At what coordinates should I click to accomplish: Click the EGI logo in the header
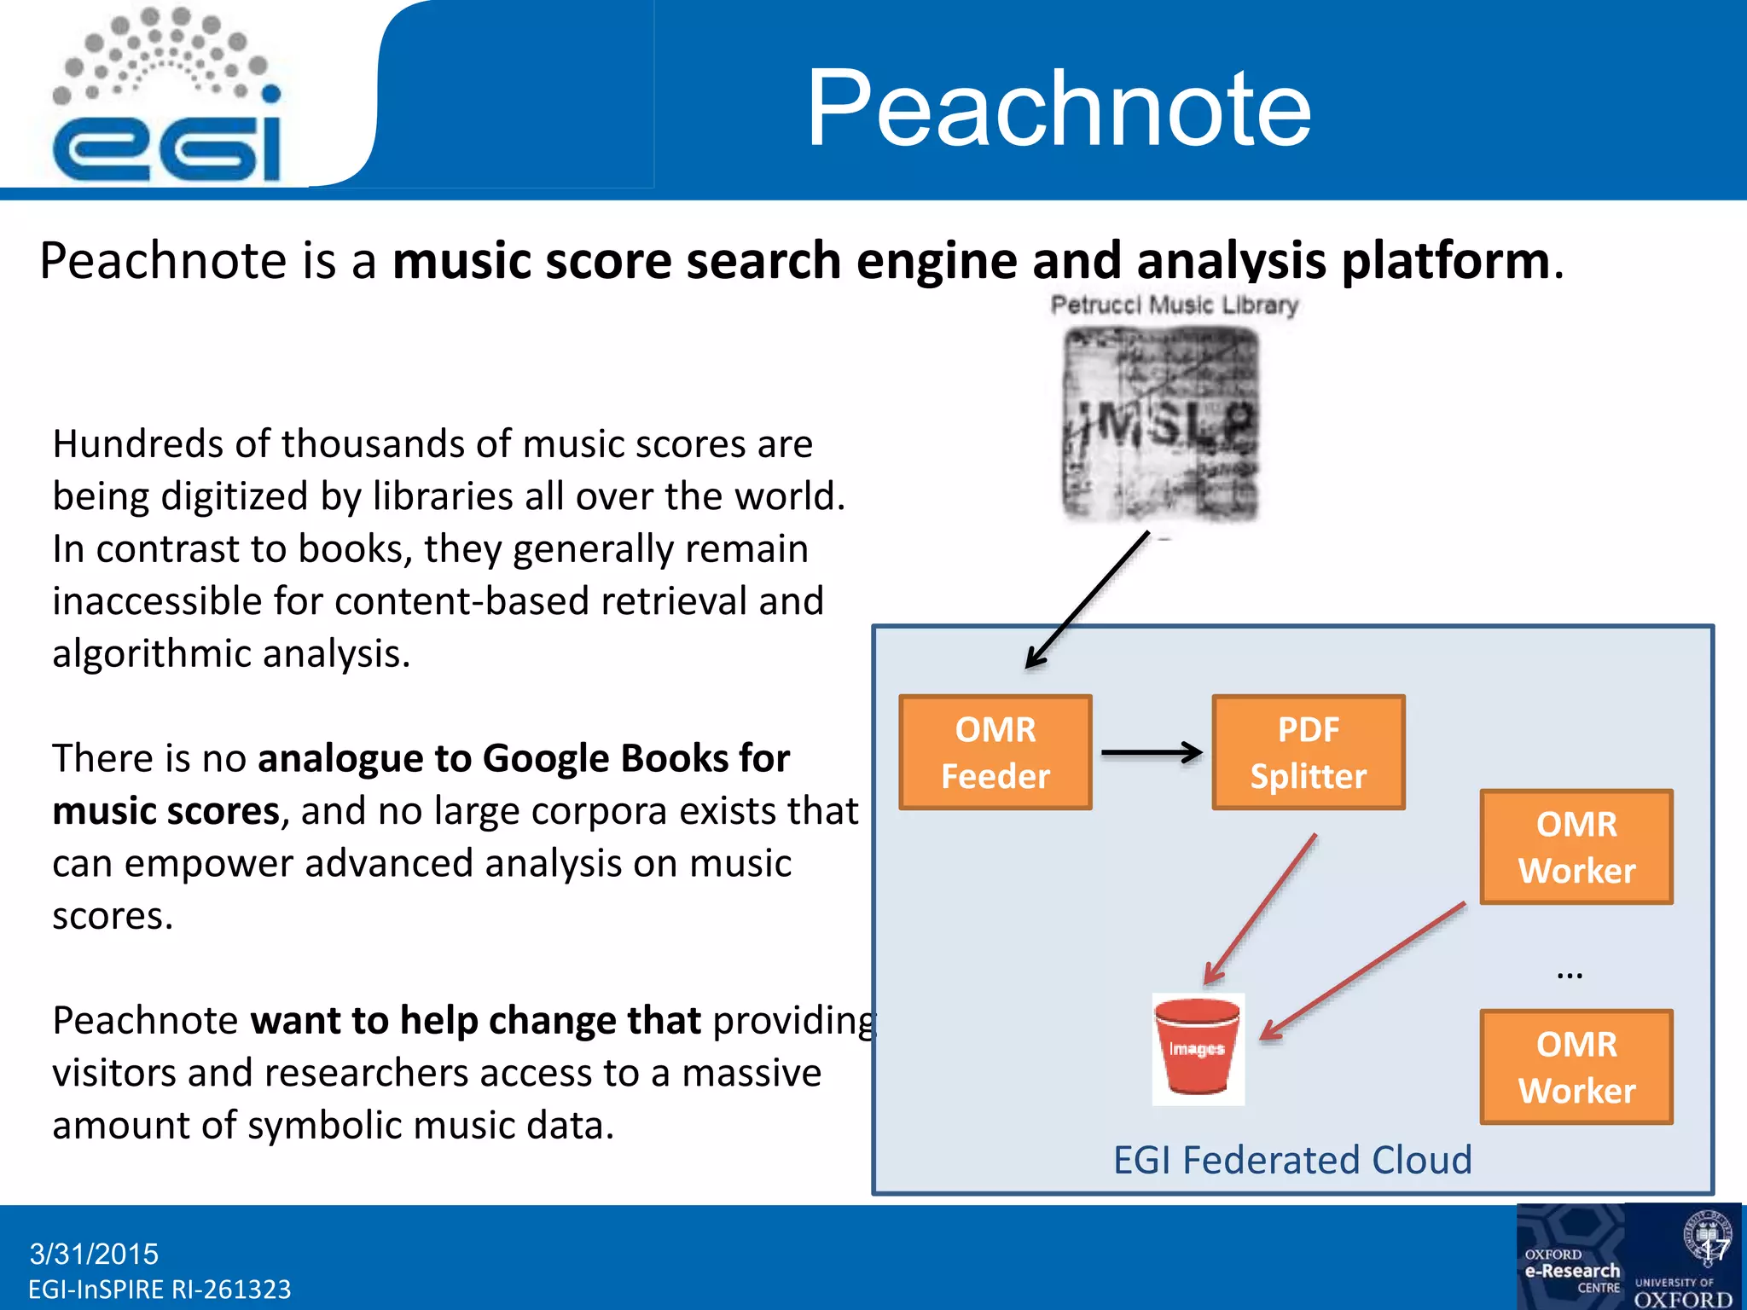(167, 98)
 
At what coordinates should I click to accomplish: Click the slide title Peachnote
(1058, 108)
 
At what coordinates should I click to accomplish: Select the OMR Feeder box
(995, 752)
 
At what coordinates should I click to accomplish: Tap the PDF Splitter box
(1308, 752)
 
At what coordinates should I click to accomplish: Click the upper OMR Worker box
(1576, 847)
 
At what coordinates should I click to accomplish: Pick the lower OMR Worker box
(1576, 1067)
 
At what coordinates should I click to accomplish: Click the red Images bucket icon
(1198, 1048)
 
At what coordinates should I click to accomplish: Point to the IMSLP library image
(1160, 424)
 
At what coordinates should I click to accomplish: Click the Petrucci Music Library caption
(1174, 304)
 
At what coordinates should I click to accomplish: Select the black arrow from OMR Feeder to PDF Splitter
(1151, 752)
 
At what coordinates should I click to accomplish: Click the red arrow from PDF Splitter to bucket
(1261, 908)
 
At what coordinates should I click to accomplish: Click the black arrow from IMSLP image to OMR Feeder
(1088, 600)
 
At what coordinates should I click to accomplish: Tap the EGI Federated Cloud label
(1292, 1160)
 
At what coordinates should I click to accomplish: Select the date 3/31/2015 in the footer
(94, 1254)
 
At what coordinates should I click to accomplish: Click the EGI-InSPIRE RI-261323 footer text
(160, 1289)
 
